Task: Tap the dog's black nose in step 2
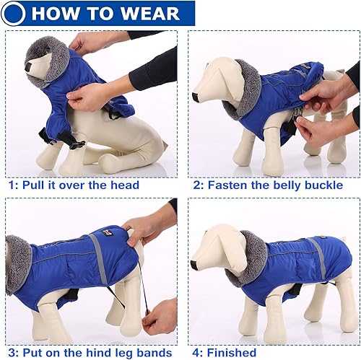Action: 196,97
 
